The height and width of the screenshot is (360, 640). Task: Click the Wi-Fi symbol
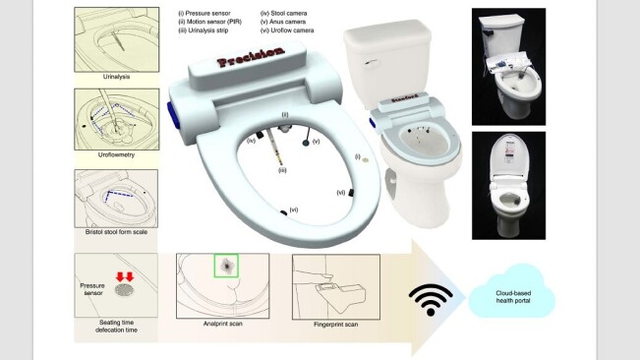pos(431,298)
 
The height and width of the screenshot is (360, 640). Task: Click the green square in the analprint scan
pos(226,265)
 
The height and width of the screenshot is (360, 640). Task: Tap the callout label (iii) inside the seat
pos(281,170)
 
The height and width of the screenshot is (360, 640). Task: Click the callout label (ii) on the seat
pos(285,116)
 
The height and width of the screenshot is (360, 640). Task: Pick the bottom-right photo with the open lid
pos(508,185)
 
